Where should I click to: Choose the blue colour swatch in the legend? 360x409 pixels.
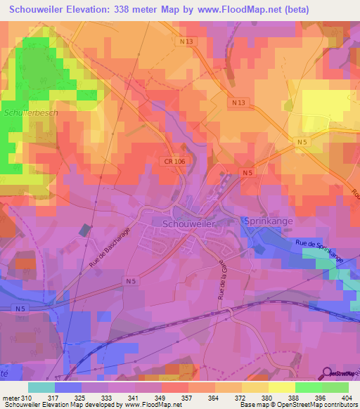68,387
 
